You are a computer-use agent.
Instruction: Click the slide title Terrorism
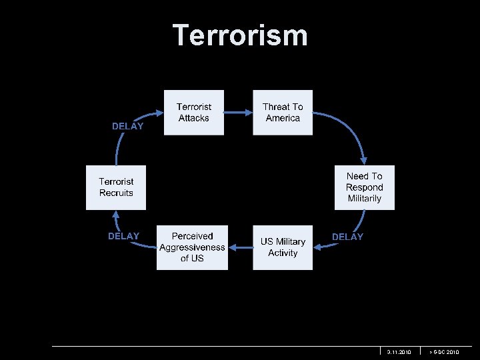click(x=240, y=35)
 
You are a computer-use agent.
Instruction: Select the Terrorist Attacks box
click(x=193, y=112)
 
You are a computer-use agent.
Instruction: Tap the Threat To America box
click(x=283, y=112)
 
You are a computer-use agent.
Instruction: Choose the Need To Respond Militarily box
click(x=365, y=187)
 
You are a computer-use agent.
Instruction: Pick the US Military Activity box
click(x=283, y=247)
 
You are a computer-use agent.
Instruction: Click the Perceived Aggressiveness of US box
click(x=192, y=247)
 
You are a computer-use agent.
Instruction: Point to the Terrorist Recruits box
click(x=116, y=187)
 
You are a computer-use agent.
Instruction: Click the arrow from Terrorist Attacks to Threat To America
click(x=238, y=112)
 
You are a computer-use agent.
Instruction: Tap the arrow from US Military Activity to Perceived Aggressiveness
click(x=240, y=247)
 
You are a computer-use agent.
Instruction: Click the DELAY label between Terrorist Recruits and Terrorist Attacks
click(x=127, y=126)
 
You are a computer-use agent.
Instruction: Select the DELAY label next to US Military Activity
click(x=347, y=237)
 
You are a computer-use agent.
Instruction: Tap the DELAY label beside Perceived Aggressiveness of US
click(x=123, y=236)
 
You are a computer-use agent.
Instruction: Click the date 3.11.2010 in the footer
click(x=399, y=351)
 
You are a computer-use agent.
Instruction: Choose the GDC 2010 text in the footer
click(x=444, y=351)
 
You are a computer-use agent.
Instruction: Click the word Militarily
click(x=365, y=199)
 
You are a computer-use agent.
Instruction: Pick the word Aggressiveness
click(x=192, y=247)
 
